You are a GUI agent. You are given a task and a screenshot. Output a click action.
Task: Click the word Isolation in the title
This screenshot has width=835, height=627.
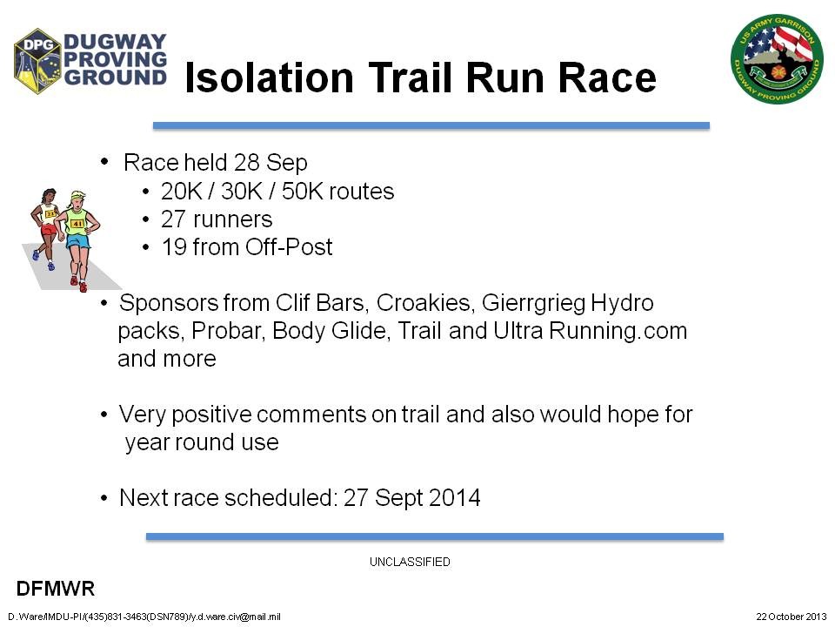[x=269, y=78]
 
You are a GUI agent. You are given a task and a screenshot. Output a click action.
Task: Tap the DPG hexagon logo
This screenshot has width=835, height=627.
[x=37, y=61]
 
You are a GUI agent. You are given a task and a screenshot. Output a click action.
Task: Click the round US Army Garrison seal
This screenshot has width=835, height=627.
[x=777, y=58]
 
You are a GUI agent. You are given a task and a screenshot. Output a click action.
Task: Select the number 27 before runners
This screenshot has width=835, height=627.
[x=173, y=219]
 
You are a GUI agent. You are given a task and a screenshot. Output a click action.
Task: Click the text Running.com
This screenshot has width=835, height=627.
[x=618, y=331]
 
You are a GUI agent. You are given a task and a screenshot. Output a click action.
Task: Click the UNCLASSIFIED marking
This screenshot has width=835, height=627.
[x=410, y=562]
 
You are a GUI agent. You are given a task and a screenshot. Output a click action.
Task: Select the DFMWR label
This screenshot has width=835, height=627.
[x=56, y=589]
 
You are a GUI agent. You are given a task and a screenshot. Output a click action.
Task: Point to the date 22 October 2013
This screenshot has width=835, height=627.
[x=792, y=617]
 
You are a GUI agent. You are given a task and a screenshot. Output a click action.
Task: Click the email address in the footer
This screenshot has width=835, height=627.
[x=235, y=617]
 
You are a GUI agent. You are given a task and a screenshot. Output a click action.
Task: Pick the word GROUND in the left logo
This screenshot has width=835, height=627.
[x=116, y=77]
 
